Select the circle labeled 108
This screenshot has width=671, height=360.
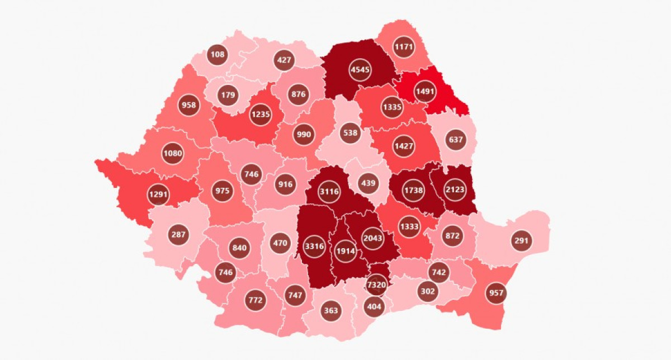click(x=217, y=55)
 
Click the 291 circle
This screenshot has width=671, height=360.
click(x=521, y=240)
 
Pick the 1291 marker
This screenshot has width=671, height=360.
click(x=159, y=195)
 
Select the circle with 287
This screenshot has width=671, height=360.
click(x=178, y=234)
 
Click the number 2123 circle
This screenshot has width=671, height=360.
click(x=455, y=190)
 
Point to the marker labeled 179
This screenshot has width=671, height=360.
click(x=228, y=94)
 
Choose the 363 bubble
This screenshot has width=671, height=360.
click(x=331, y=310)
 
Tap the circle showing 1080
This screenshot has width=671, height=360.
click(x=172, y=153)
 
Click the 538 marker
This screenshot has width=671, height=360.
click(x=351, y=134)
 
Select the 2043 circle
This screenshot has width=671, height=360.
click(x=373, y=238)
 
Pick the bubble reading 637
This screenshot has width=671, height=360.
click(x=456, y=139)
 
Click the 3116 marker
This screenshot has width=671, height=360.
click(x=329, y=192)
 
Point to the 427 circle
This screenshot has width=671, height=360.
click(x=284, y=60)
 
